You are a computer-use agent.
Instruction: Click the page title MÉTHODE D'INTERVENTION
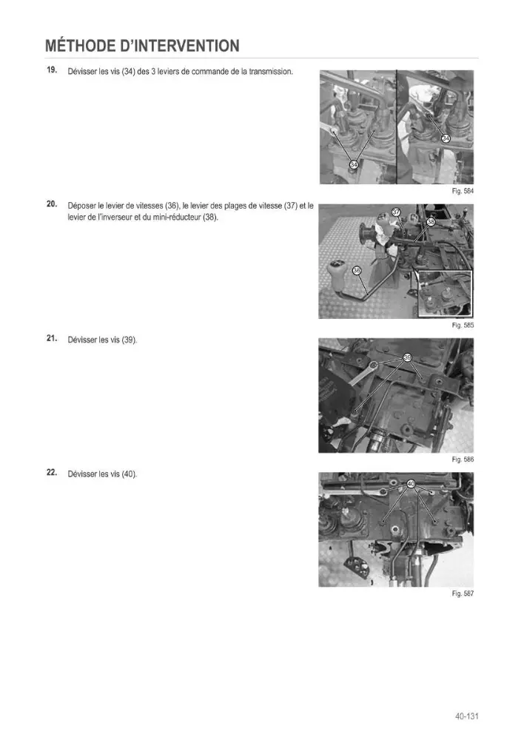click(x=143, y=46)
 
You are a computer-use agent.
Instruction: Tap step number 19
click(x=52, y=70)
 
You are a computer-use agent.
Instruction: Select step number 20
click(x=52, y=204)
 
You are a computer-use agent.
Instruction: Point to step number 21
click(x=52, y=338)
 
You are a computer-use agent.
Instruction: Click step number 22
click(x=52, y=472)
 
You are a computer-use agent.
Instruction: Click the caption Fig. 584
click(x=463, y=191)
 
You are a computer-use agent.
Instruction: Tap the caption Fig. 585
click(x=463, y=325)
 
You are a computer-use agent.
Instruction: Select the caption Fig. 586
click(x=463, y=460)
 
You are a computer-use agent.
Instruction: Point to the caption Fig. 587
click(x=463, y=593)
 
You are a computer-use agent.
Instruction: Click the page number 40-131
click(x=467, y=716)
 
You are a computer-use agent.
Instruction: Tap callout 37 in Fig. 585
click(x=397, y=212)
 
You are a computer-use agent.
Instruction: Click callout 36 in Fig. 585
click(x=357, y=270)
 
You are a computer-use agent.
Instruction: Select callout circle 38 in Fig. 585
click(x=431, y=222)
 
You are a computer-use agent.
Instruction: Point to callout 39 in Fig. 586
click(x=408, y=357)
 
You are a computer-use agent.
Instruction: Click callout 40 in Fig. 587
click(x=410, y=484)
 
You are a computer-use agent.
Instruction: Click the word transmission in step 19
click(x=270, y=72)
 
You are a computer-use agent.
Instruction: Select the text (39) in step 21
click(x=129, y=340)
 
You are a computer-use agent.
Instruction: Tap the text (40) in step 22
click(x=129, y=474)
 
